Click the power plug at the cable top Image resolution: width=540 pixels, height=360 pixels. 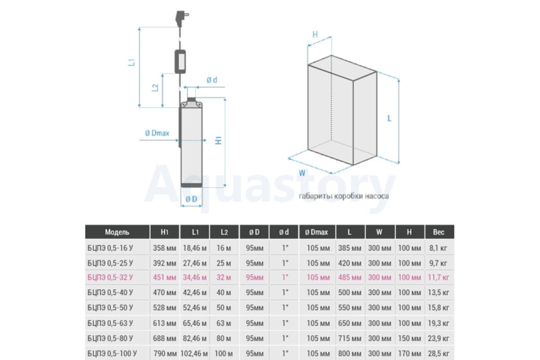(x=181, y=18)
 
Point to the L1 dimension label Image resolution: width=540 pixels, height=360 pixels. (x=131, y=63)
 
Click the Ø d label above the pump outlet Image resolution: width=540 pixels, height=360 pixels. (x=211, y=80)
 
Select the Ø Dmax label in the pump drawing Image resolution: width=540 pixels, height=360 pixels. (x=157, y=133)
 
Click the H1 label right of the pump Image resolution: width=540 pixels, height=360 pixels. (x=218, y=140)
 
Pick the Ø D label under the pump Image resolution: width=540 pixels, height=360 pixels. (x=191, y=199)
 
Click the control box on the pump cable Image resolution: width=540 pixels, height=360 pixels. (x=180, y=62)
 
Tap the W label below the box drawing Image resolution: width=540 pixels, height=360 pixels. (x=302, y=173)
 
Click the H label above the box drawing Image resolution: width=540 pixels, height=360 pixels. (x=315, y=35)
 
